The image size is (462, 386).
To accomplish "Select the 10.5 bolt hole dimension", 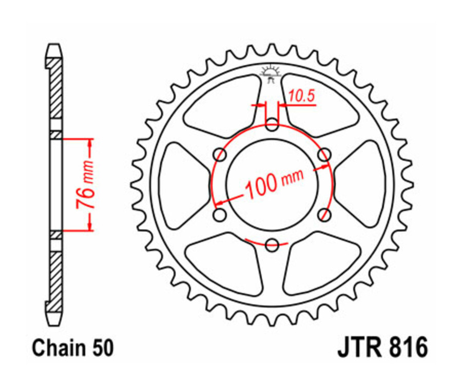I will pos(301,96).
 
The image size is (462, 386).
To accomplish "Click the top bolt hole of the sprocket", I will pos(273,124).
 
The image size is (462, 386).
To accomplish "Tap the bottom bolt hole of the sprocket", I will pos(273,244).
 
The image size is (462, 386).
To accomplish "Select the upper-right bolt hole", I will pos(324,154).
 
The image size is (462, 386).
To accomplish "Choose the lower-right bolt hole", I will pos(324,214).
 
